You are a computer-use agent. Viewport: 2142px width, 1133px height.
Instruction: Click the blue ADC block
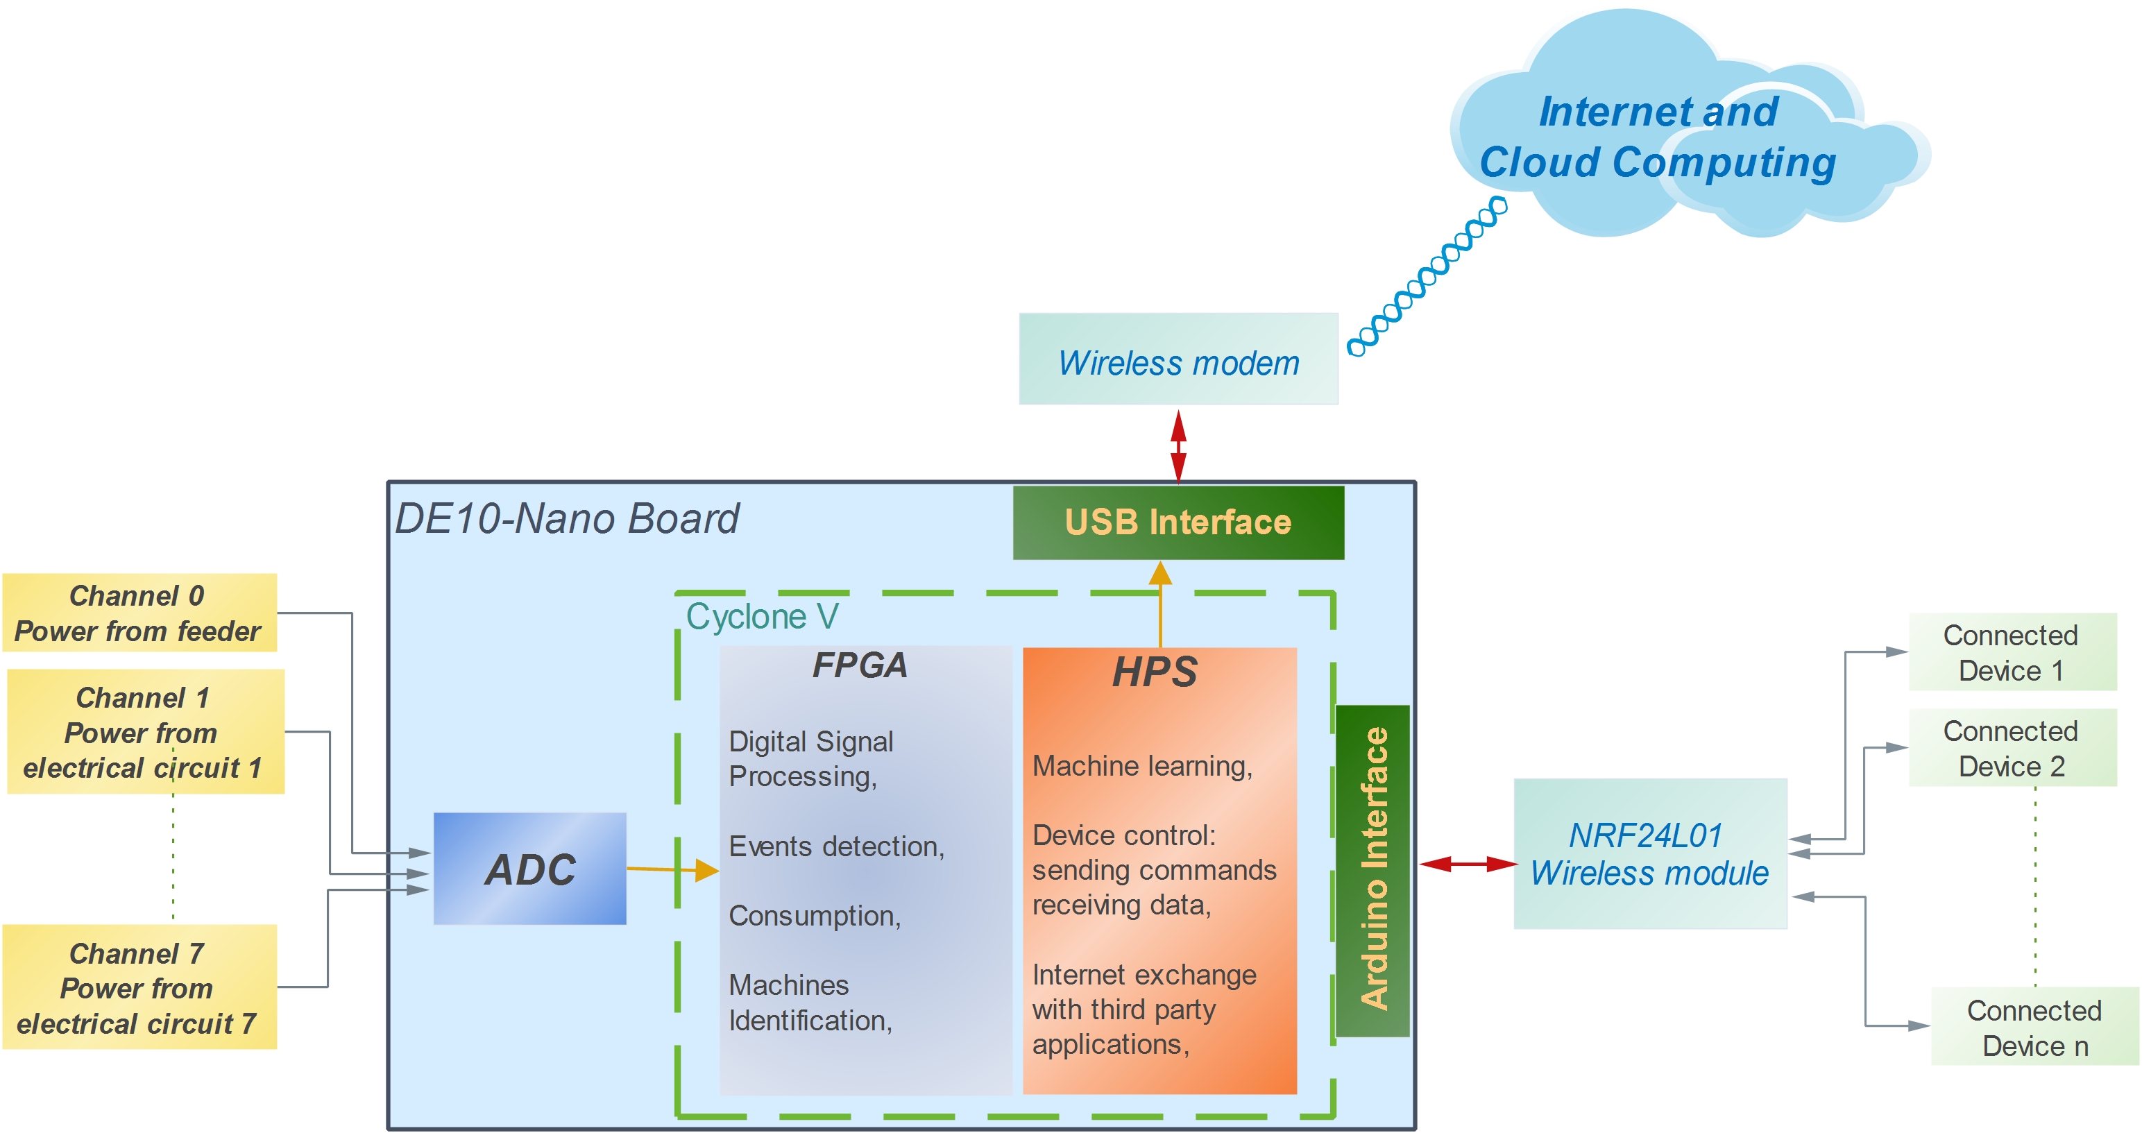pos(529,869)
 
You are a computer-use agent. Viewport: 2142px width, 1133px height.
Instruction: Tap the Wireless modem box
pos(1178,360)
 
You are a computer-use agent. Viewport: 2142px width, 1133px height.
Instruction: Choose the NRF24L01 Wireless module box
pos(1650,853)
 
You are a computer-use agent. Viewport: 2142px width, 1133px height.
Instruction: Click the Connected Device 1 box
pos(2012,651)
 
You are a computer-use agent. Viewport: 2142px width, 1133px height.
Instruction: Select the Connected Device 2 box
pos(2012,747)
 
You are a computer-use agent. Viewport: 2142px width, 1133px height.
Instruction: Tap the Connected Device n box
pos(2034,1027)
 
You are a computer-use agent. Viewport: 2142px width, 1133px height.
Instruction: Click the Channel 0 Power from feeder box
pos(139,613)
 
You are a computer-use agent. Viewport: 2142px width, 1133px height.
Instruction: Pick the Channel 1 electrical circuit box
pos(145,731)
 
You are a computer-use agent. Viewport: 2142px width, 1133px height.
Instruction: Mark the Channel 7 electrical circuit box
pos(139,987)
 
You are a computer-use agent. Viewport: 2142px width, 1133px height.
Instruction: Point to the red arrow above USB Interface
pos(1178,446)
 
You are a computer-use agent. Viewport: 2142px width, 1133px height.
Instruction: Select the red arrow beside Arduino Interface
pos(1468,864)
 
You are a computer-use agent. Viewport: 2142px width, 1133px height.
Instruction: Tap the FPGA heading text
pos(859,665)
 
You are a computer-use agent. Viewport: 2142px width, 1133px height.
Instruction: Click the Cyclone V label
pos(762,617)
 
